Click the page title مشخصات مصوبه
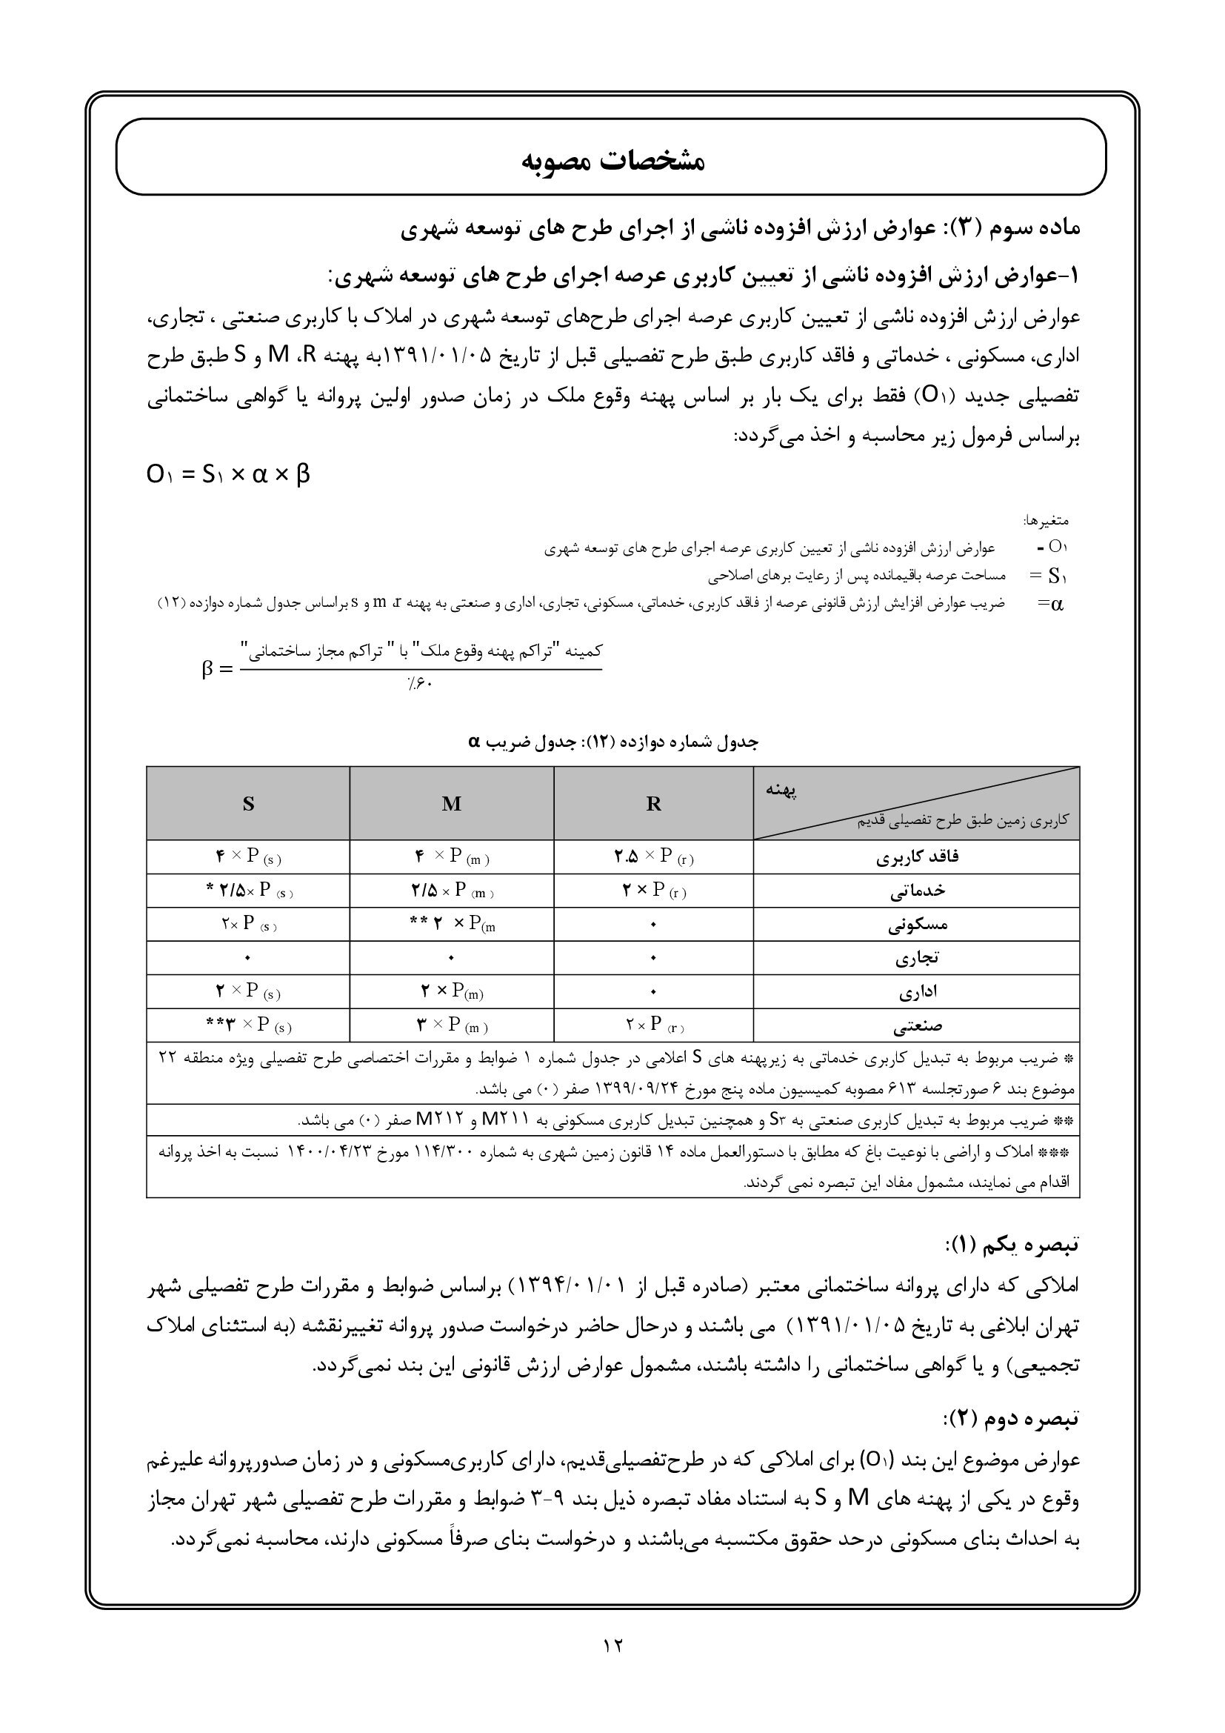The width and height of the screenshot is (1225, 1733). coord(612,161)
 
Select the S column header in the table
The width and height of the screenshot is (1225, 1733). coord(248,804)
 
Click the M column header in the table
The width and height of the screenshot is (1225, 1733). coord(451,804)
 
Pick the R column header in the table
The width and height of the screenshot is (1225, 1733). coord(653,804)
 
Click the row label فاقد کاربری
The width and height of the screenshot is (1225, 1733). coord(918,856)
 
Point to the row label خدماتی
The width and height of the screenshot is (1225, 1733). coord(916,891)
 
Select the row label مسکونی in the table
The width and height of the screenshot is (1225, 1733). coord(918,925)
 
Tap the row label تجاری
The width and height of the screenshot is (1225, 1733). coord(916,959)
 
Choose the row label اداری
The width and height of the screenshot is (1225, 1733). coord(917,993)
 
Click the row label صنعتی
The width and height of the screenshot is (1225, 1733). coord(917,1026)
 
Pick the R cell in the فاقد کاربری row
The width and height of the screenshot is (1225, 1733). coord(653,856)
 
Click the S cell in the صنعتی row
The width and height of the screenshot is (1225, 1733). coord(248,1025)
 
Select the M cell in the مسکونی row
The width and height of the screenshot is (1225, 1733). coord(452,925)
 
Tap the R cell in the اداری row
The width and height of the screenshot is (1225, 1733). coord(653,993)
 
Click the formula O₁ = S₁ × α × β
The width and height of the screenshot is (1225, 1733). coord(228,475)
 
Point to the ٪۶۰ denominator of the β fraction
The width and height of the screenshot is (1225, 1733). coord(419,684)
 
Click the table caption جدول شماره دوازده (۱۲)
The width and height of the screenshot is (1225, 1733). coord(612,741)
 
